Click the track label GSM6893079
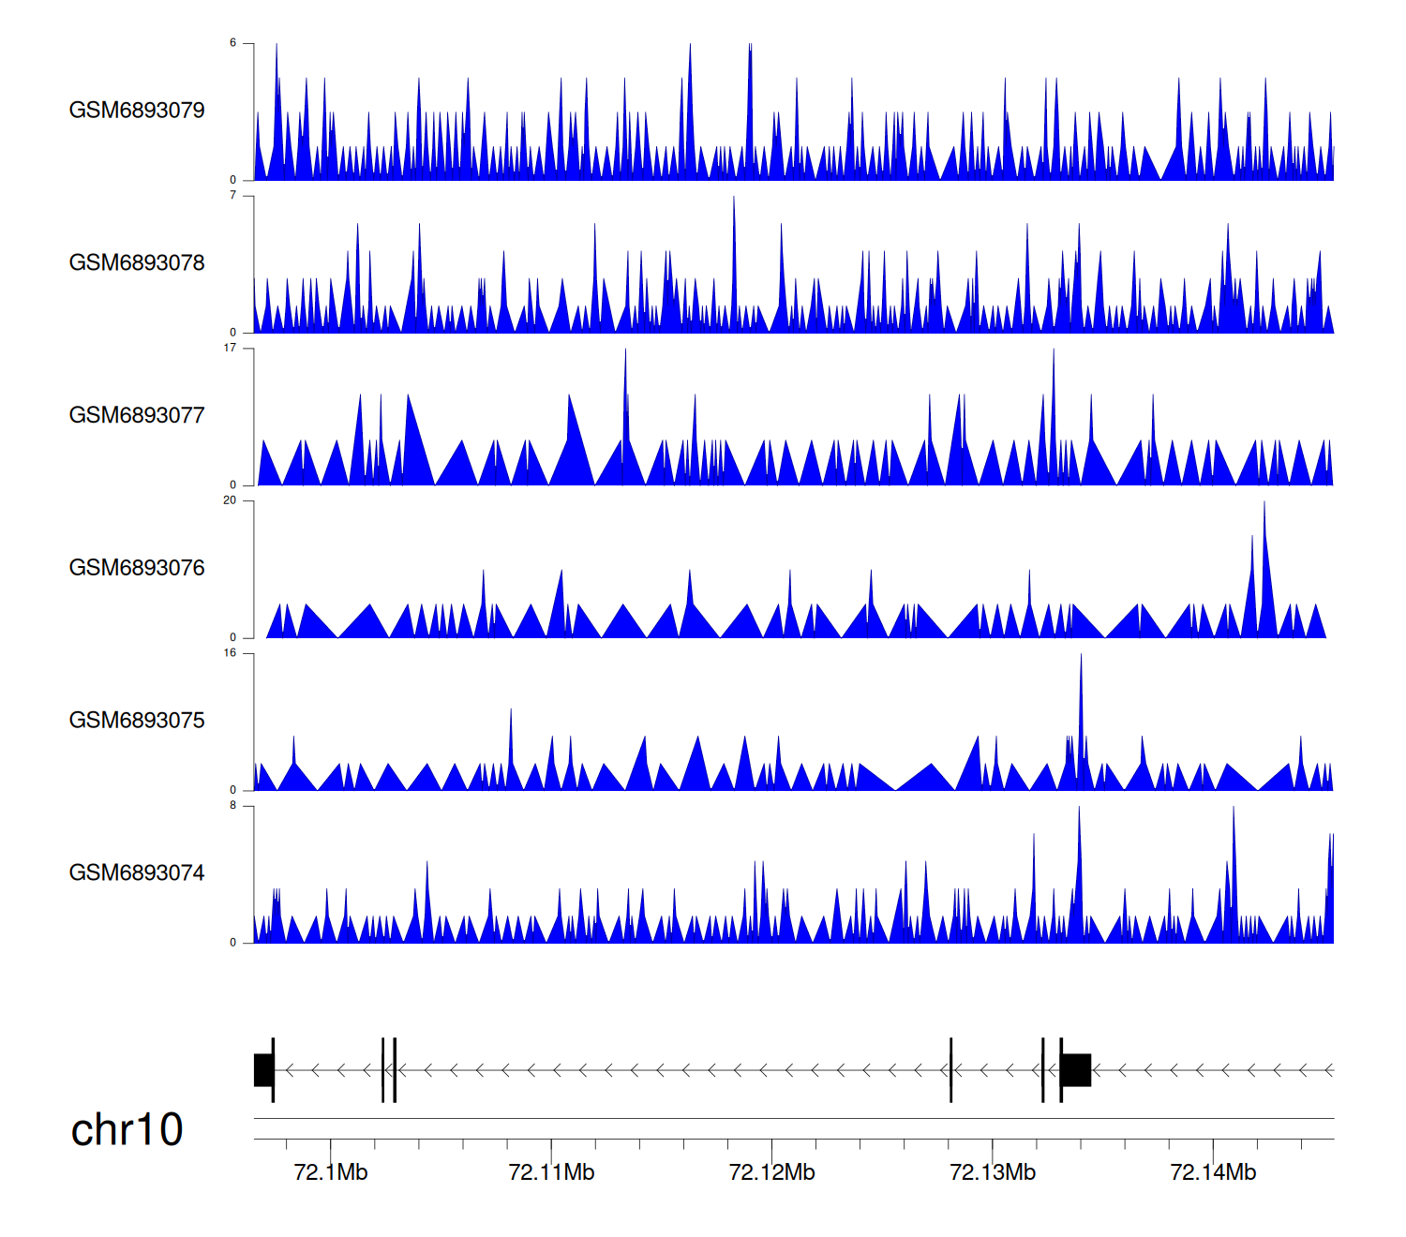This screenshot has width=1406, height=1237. click(137, 111)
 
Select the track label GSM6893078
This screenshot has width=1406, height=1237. click(137, 263)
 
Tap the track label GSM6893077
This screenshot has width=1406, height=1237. click(137, 415)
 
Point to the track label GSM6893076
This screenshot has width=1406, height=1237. click(137, 568)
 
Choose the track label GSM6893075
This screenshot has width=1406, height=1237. click(137, 721)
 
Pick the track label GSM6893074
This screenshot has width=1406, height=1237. click(137, 873)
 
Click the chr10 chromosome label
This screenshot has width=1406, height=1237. click(127, 1130)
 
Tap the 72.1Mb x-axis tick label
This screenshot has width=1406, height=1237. click(331, 1172)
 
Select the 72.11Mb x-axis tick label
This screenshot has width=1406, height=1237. click(551, 1172)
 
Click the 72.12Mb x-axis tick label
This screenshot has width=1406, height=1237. click(771, 1172)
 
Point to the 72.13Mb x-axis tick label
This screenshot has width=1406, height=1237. click(993, 1172)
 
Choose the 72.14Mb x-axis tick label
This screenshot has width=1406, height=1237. click(1213, 1172)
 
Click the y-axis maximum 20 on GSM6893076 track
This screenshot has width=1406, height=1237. click(230, 500)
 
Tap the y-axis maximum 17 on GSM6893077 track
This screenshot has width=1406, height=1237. click(230, 348)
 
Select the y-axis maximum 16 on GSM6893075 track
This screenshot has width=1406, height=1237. click(230, 653)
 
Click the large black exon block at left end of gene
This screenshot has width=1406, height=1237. click(263, 1070)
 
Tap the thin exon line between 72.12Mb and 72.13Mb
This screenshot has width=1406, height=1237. click(950, 1070)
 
